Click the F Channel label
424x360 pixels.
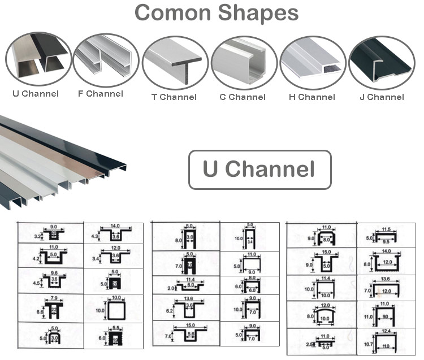(100, 93)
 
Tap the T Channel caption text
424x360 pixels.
(174, 97)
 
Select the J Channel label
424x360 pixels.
(382, 97)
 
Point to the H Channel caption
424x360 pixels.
(311, 97)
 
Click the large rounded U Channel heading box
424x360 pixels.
(259, 170)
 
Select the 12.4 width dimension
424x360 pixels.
(386, 331)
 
